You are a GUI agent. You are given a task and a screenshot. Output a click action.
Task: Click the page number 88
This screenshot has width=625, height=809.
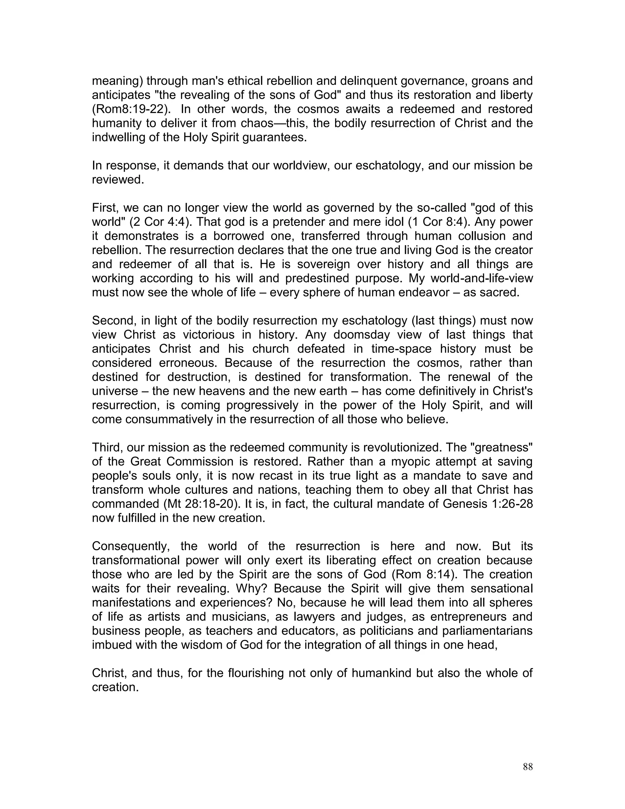tap(528, 767)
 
